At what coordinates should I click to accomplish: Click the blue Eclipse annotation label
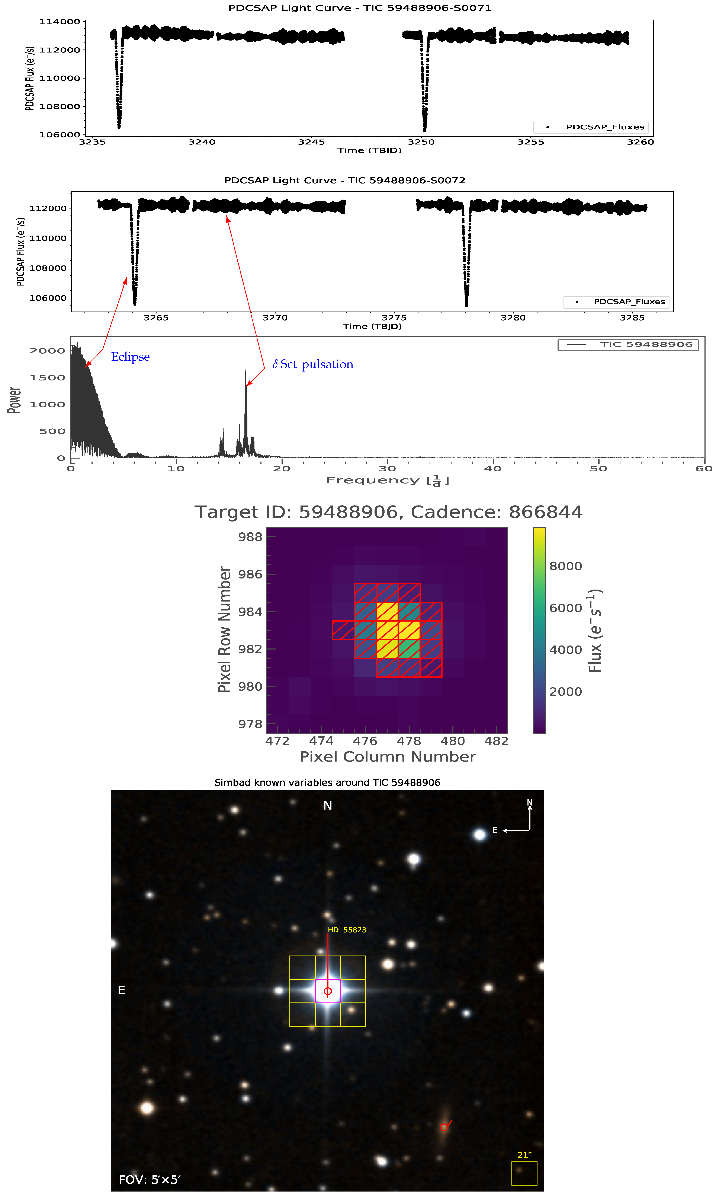point(130,357)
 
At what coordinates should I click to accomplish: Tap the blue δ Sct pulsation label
point(313,364)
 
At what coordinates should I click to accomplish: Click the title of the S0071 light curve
point(360,8)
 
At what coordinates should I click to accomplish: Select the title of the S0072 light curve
point(344,180)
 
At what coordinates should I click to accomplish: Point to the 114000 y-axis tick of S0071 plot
point(60,22)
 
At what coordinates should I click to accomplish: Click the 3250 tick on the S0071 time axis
point(421,142)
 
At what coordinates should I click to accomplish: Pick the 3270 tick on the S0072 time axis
point(275,318)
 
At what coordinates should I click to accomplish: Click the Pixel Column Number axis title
point(387,756)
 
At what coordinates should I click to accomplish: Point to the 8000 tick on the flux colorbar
point(565,566)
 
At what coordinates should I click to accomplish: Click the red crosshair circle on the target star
point(328,991)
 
